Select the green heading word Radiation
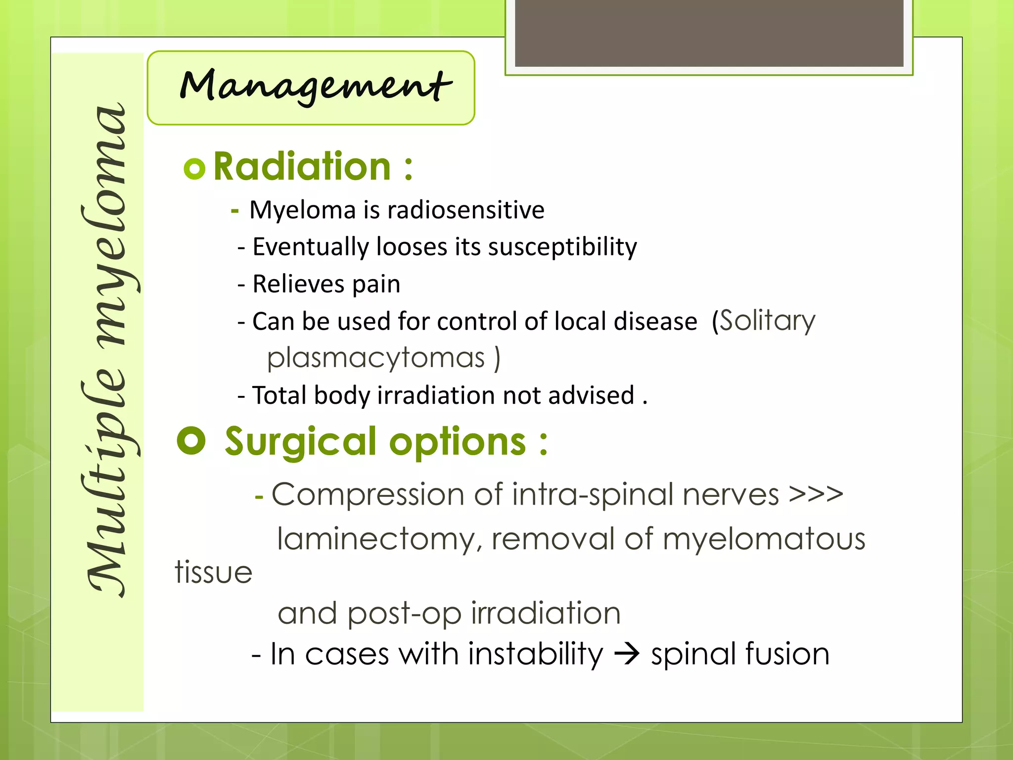(302, 167)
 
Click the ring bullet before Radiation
(194, 169)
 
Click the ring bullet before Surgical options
(191, 440)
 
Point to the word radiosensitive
(465, 210)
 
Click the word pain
(376, 285)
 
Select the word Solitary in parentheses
(767, 321)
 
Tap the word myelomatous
(764, 539)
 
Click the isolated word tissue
(214, 573)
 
